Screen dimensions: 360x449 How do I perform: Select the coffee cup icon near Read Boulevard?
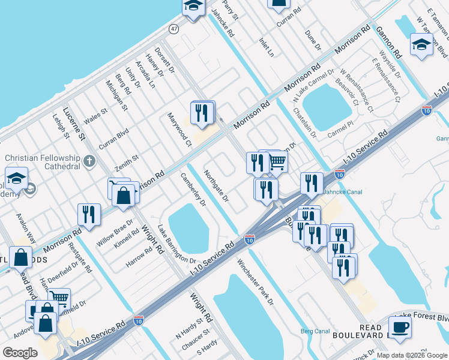[401, 328]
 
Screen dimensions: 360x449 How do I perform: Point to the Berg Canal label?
[315, 331]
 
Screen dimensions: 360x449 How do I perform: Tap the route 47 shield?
[173, 29]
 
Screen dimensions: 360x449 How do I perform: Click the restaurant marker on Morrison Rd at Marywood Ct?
[203, 112]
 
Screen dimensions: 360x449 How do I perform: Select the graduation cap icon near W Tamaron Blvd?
[421, 44]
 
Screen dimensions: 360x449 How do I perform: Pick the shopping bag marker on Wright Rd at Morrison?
[123, 195]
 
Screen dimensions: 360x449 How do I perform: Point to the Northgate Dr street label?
[216, 185]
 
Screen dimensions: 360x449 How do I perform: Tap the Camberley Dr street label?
[193, 190]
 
